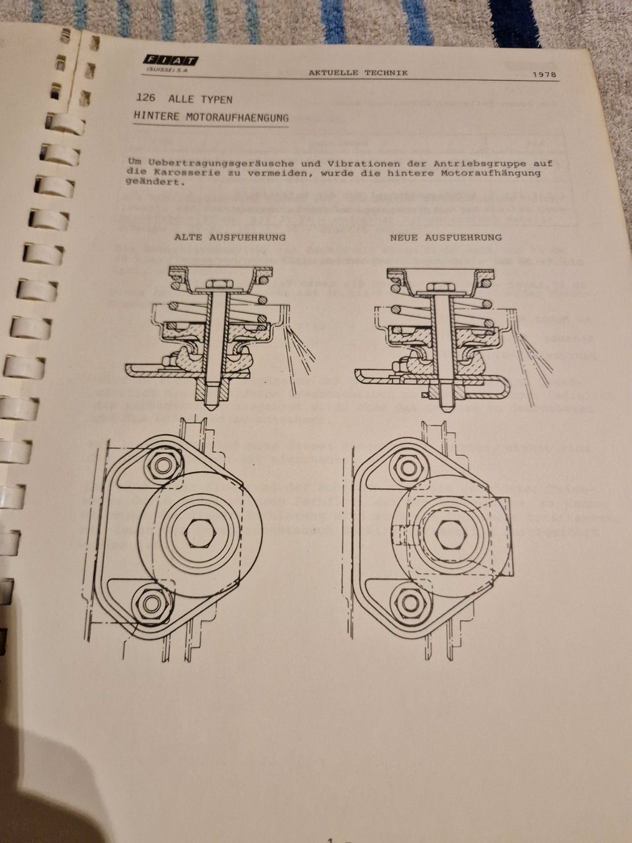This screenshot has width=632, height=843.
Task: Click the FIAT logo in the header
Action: tap(170, 60)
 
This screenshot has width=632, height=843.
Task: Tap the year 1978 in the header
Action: tap(545, 75)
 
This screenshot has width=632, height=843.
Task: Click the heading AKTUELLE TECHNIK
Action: tap(357, 72)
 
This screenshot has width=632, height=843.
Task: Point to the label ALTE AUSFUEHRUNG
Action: tap(230, 237)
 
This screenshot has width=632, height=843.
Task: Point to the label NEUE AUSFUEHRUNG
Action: tap(445, 237)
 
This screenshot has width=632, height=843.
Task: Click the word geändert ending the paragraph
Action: tap(155, 183)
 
